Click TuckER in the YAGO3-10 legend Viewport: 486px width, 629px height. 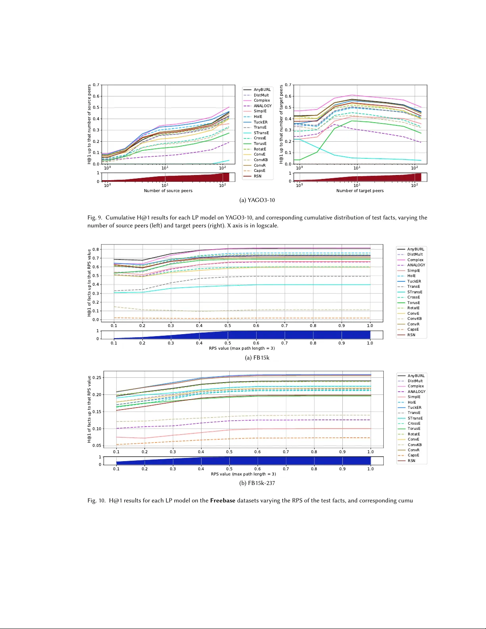point(260,122)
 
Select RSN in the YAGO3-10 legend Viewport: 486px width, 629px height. point(257,176)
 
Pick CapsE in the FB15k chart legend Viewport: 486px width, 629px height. point(413,329)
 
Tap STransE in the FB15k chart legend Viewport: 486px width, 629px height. point(415,292)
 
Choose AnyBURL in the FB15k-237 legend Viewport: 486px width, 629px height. point(416,376)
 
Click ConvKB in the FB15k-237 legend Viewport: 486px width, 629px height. point(415,445)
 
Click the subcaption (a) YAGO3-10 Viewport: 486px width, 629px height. point(257,200)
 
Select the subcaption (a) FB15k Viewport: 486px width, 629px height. point(257,358)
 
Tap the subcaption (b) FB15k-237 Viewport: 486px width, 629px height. point(257,483)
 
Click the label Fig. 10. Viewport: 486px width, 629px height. point(96,500)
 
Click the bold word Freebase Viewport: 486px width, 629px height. point(223,500)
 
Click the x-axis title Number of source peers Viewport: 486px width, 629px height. point(168,191)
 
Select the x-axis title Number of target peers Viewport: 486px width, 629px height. point(360,191)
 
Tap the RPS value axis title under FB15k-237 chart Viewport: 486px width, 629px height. point(243,474)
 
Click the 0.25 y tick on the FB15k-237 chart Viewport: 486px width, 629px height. point(96,378)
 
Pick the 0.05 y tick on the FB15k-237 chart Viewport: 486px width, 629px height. point(96,446)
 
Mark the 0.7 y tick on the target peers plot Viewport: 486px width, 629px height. point(288,85)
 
